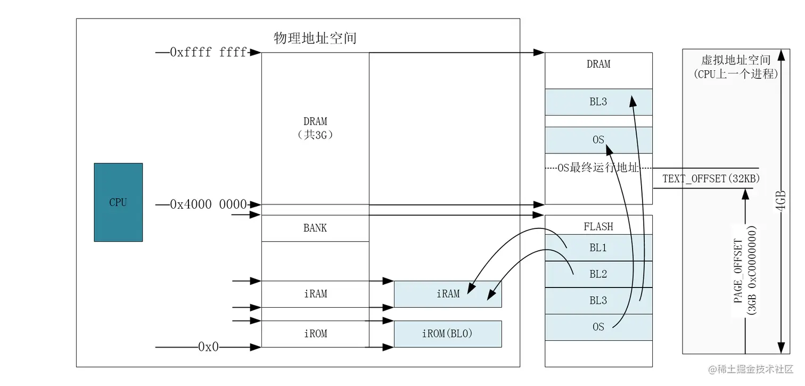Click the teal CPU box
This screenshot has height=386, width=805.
click(x=118, y=202)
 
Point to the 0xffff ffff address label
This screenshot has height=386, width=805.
click(x=208, y=52)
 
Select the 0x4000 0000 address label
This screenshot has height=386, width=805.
click(x=208, y=204)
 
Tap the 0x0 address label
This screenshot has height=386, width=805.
click(x=208, y=347)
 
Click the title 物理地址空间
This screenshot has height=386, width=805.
click(x=315, y=38)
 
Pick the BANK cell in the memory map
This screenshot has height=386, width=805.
click(x=315, y=228)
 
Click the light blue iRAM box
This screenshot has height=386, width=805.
click(x=448, y=294)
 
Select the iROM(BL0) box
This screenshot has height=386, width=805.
click(x=448, y=334)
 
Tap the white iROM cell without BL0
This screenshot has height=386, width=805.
click(x=315, y=334)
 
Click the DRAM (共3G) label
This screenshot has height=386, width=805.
click(x=315, y=128)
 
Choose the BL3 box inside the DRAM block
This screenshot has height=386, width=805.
click(x=598, y=102)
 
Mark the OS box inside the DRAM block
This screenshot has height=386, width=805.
click(x=598, y=140)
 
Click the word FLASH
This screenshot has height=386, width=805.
click(x=598, y=227)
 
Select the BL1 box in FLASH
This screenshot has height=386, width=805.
click(x=598, y=248)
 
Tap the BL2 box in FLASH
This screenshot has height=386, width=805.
click(x=598, y=274)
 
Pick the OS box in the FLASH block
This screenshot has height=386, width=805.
click(x=598, y=327)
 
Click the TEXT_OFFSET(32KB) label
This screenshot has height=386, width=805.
click(x=711, y=179)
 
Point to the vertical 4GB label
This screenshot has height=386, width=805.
click(x=781, y=201)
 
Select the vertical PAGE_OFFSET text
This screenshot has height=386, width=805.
click(x=739, y=272)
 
